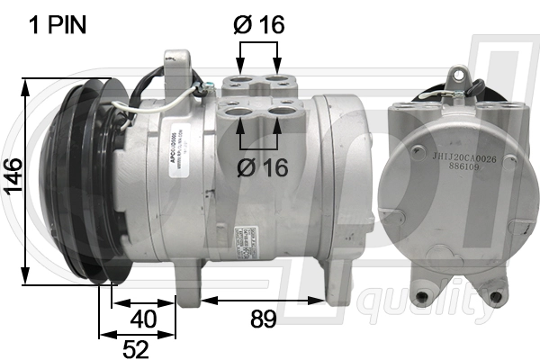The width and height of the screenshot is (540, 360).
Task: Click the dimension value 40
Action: (142, 319)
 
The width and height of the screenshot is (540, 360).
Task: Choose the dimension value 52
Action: (135, 346)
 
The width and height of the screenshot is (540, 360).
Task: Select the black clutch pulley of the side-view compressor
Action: (72, 180)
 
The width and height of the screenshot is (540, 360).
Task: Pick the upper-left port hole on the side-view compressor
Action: (239, 81)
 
